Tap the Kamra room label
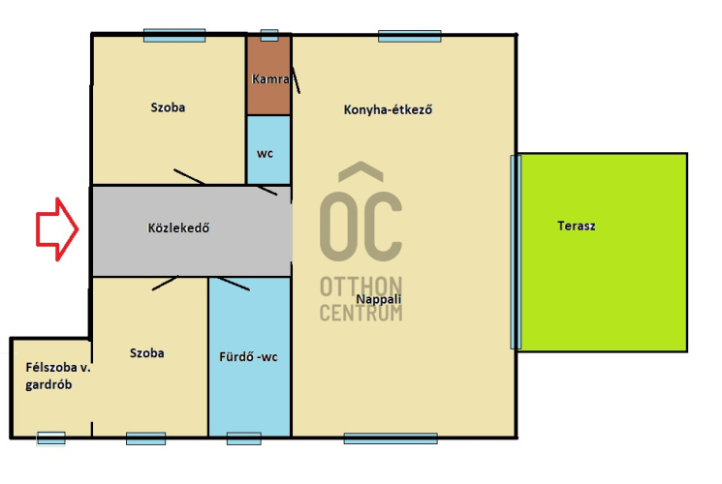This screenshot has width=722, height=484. pos(270,79)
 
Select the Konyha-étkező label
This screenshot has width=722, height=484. pos(388,109)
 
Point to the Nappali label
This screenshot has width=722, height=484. pos(379,299)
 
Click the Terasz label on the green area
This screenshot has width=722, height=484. pos(576,226)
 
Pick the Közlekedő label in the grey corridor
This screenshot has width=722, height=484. pos(178,227)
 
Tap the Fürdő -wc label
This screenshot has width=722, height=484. pos(248,357)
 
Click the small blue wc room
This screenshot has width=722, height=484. pos(268,149)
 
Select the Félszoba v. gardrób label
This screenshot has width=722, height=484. pos(58,376)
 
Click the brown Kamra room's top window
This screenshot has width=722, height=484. pos(269,35)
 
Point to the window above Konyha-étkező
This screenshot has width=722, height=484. pos(409,36)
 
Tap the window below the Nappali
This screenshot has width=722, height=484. pos(391,439)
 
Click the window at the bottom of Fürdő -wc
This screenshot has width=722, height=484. pos(244,439)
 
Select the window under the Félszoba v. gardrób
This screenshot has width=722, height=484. pos(51,439)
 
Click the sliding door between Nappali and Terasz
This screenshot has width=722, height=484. pos(516,252)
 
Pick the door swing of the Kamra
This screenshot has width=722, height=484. pos(296,79)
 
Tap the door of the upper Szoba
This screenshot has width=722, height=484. pos(190,177)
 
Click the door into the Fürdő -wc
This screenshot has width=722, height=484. pos(234,284)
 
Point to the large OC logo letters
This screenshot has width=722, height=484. pos(361,212)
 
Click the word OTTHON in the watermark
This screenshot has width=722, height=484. pos(361,287)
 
